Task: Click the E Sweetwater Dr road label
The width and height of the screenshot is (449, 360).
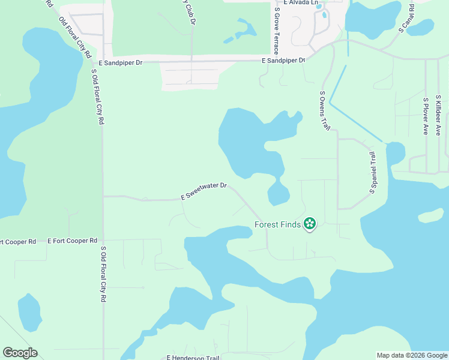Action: [203, 190]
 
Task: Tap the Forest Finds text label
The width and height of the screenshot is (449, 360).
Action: [278, 225]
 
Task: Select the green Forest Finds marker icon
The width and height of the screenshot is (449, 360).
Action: [310, 224]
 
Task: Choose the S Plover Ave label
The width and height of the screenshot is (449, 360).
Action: [425, 116]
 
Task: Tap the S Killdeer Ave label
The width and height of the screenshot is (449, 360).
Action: [438, 114]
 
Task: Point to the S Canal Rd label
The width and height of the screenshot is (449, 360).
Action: [406, 17]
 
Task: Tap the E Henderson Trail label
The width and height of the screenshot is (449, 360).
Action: [193, 358]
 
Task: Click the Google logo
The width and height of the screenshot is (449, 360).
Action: [20, 353]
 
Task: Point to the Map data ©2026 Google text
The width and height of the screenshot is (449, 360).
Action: [412, 355]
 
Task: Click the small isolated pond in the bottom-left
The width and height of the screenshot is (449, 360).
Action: [28, 312]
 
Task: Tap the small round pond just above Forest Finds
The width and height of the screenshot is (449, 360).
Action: [279, 194]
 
